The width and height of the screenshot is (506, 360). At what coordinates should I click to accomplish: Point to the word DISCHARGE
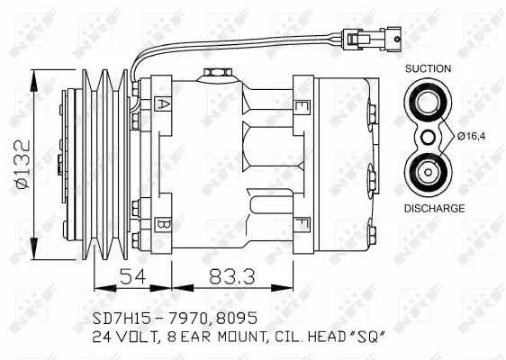click(x=434, y=208)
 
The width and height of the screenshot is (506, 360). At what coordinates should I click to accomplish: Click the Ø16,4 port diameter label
click(x=469, y=137)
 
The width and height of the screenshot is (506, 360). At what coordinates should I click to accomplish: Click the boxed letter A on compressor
click(x=163, y=103)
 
